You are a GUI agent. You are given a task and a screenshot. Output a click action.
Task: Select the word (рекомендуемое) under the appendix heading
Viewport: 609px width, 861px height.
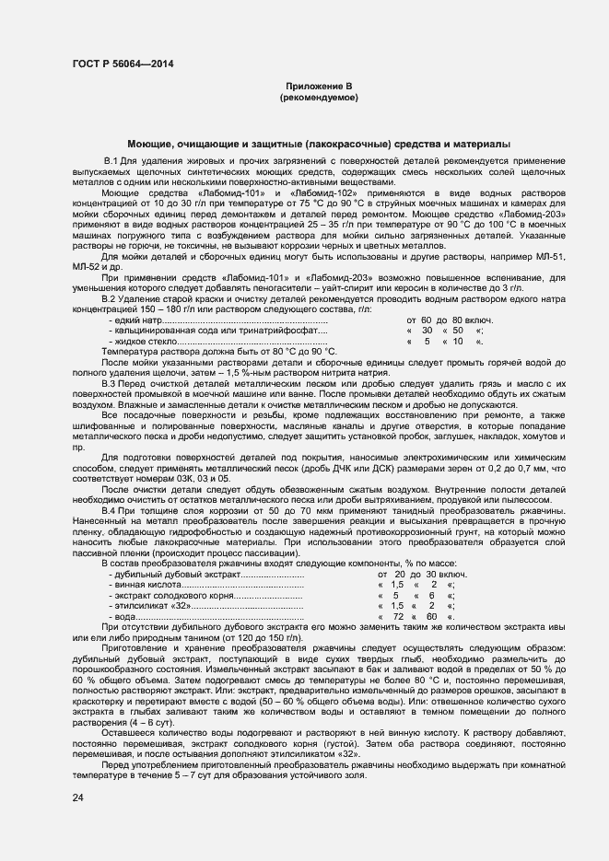tap(319, 97)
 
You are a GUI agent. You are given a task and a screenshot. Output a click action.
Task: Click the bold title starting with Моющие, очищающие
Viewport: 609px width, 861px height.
tap(318, 145)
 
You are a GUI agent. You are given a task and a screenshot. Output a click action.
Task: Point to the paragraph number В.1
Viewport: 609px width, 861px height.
tap(112, 162)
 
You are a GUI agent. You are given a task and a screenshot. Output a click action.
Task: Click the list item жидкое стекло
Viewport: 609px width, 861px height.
tap(145, 341)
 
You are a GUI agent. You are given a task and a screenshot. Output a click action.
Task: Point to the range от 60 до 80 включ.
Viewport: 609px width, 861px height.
tap(450, 320)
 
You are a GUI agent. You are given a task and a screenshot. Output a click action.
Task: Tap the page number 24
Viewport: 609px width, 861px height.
tap(78, 797)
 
